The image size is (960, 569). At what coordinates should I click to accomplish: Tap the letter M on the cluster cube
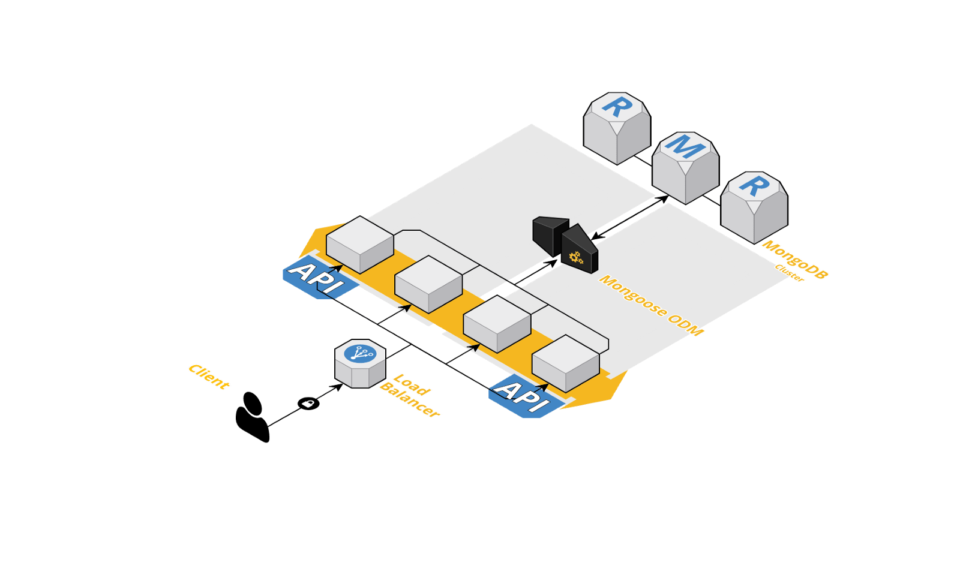pyautogui.click(x=685, y=146)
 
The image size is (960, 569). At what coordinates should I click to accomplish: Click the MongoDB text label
pyautogui.click(x=794, y=260)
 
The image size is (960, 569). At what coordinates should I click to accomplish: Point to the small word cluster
pyautogui.click(x=788, y=273)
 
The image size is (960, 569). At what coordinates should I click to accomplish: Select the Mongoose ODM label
pyautogui.click(x=651, y=305)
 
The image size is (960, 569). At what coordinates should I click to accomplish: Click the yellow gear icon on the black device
pyautogui.click(x=576, y=258)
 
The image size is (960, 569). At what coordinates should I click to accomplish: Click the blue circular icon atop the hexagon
pyautogui.click(x=360, y=353)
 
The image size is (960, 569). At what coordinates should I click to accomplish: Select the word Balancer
pyautogui.click(x=409, y=401)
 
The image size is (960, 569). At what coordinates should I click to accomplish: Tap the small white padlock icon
pyautogui.click(x=307, y=404)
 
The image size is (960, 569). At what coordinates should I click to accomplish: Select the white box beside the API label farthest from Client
pyautogui.click(x=565, y=362)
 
